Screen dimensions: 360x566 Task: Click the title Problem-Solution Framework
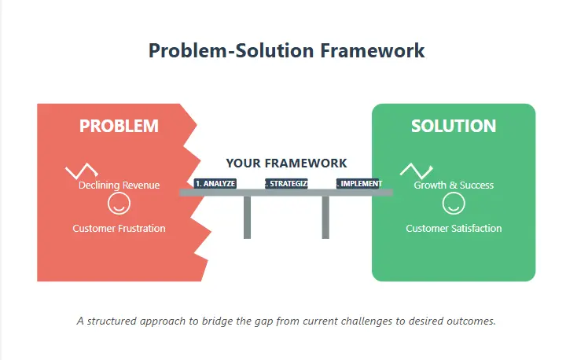287,50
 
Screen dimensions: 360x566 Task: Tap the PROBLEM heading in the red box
119,126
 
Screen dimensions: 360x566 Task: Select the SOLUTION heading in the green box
454,126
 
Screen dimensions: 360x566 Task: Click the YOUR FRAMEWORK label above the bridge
286,163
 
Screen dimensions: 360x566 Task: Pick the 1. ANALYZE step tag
215,184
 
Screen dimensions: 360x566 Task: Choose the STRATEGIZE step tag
286,184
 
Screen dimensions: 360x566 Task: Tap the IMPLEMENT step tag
359,184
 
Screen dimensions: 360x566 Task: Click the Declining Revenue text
119,186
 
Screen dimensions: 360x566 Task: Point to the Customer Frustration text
119,229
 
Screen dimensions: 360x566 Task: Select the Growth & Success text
454,186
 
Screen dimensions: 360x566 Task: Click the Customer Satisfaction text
454,229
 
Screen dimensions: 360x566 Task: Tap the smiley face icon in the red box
119,205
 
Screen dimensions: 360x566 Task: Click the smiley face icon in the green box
454,205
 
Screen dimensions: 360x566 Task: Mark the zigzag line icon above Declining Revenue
81,171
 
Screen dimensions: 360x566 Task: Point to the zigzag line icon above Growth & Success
416,170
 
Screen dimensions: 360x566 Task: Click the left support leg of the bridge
247,217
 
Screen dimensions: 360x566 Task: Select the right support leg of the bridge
325,217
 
